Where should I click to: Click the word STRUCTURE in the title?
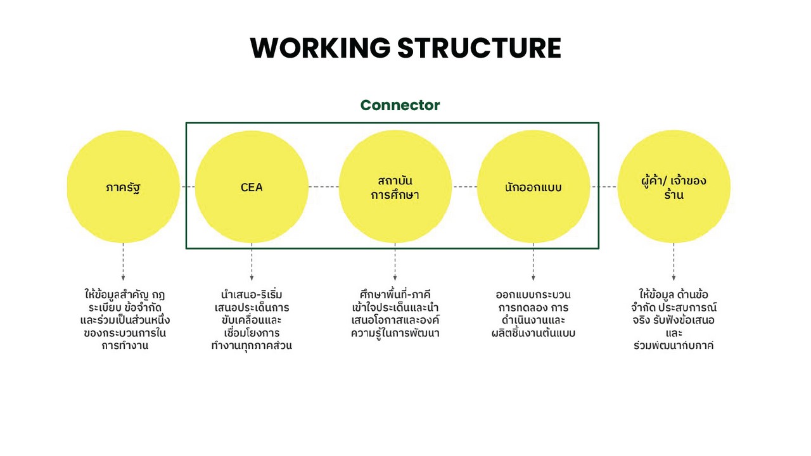tap(479, 48)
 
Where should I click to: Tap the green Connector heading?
tap(400, 105)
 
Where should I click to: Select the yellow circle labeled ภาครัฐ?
tap(123, 187)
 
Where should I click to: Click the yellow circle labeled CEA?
tap(252, 187)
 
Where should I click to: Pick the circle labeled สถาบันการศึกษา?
tap(395, 187)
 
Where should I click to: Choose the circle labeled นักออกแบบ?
tap(533, 187)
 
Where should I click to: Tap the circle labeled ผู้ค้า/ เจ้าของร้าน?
tap(674, 187)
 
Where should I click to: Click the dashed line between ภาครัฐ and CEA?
tap(188, 187)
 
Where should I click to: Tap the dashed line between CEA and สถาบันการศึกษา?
tap(323, 187)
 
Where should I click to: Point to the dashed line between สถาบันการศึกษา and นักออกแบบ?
tap(464, 187)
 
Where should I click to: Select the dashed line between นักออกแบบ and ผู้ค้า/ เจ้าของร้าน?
tap(603, 187)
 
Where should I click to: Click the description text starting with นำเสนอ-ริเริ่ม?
tap(252, 320)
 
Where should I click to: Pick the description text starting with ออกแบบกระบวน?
tap(533, 314)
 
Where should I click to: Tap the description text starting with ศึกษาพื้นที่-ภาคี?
tap(395, 314)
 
